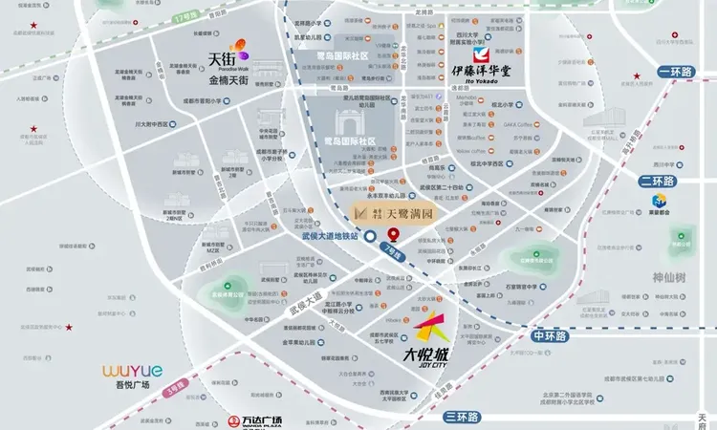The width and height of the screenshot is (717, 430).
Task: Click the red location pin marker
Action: [394, 236]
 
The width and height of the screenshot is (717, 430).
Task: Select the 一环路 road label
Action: [680, 72]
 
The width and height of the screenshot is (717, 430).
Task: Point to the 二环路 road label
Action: [658, 180]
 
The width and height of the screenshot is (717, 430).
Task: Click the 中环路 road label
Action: [551, 336]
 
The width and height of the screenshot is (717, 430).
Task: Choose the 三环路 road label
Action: [463, 416]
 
